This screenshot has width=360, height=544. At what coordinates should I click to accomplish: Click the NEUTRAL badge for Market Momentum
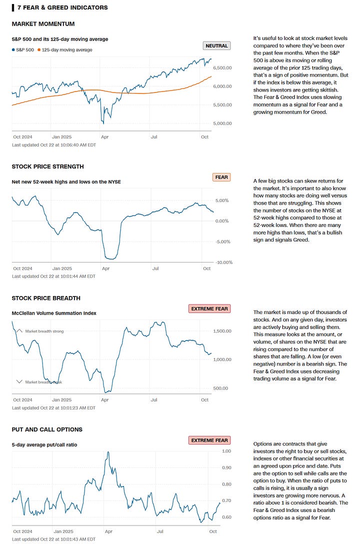coord(216,46)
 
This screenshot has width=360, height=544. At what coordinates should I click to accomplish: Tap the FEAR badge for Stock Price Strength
coord(221,177)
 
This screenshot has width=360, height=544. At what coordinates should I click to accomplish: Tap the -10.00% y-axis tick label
coord(223,262)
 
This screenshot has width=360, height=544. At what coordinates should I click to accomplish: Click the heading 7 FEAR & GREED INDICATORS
coord(62,7)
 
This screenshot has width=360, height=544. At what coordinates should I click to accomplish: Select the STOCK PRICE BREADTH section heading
coord(46,298)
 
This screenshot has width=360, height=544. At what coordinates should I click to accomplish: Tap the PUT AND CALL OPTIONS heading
coord(47,429)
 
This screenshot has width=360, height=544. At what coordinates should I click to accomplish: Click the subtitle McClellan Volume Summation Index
coord(54,313)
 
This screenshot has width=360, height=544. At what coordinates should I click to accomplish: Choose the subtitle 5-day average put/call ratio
coord(44,444)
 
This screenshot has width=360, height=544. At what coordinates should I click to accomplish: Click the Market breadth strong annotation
coord(44,331)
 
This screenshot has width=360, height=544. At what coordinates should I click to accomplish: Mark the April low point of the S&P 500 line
coord(102,122)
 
